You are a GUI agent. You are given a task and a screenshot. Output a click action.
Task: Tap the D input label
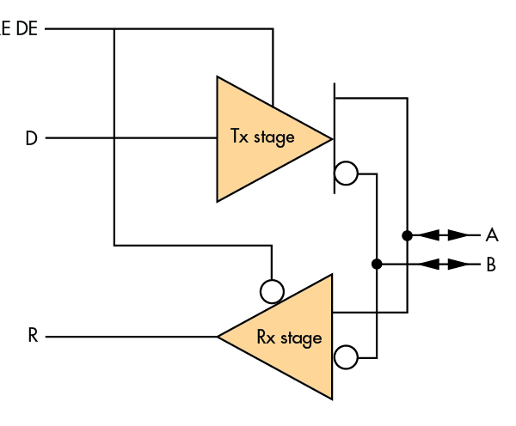(31, 138)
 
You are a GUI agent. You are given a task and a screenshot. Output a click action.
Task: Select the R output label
(32, 336)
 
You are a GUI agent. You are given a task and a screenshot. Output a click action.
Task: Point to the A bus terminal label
(492, 234)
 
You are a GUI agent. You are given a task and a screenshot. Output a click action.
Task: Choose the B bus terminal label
(491, 264)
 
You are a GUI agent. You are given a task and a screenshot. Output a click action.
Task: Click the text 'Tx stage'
(262, 137)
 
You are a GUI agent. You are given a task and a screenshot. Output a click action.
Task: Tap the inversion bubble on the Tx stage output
(346, 173)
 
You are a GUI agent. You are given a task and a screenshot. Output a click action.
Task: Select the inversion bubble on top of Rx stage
(272, 291)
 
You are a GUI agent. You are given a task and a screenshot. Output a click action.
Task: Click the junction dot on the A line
(407, 234)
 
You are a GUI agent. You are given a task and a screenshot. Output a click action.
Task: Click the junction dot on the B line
(377, 264)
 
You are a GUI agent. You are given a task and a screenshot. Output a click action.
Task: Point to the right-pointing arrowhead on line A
(461, 234)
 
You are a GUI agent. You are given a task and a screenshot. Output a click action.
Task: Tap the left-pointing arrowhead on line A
(430, 234)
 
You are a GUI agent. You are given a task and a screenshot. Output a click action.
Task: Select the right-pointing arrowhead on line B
(461, 264)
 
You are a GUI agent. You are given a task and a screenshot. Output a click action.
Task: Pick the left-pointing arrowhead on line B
(430, 264)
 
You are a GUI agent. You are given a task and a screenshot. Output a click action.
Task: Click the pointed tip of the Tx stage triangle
(331, 138)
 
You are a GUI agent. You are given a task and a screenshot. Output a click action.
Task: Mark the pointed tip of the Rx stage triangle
(219, 337)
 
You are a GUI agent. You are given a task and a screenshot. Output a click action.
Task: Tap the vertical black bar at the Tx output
(334, 138)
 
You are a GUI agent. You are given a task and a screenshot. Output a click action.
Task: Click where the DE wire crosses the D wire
(114, 138)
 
